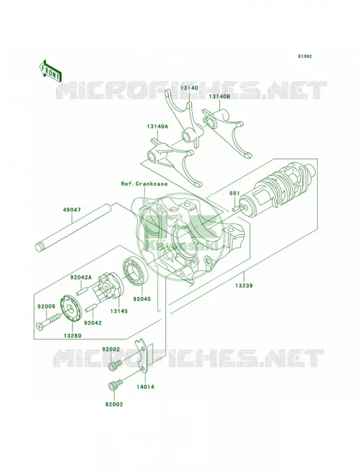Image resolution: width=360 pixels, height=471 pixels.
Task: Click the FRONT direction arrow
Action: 49,71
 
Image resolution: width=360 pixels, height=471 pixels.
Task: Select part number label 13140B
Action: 219,97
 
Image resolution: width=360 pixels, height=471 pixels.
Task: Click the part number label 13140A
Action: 157,127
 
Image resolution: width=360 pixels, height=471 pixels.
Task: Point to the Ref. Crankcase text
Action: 144,184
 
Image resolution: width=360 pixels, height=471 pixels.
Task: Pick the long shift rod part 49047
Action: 73,228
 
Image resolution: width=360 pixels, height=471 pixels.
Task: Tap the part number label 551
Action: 235,194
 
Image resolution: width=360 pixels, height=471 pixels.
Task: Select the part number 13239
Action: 244,286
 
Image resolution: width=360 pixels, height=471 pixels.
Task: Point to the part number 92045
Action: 143,299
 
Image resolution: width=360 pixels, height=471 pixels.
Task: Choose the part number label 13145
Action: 118,311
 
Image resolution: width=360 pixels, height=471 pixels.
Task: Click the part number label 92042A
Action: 81,277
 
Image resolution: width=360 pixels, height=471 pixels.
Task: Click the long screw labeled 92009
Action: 51,321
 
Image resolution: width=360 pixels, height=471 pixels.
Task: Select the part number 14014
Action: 146,387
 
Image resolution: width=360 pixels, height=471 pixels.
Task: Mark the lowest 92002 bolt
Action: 115,384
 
